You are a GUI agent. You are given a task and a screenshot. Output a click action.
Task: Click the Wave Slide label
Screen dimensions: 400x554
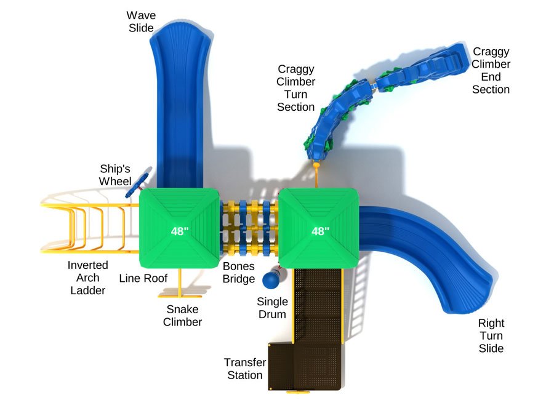tap(140, 21)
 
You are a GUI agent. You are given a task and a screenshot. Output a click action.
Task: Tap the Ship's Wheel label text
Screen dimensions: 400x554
tap(116, 175)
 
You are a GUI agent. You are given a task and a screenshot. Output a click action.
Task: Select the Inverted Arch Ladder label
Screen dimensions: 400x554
tap(87, 278)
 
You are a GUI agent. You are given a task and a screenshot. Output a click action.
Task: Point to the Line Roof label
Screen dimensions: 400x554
tap(143, 278)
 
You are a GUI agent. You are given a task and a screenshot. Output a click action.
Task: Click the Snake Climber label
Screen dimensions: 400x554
tap(182, 315)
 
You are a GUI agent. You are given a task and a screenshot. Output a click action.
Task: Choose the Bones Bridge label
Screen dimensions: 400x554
tap(238, 273)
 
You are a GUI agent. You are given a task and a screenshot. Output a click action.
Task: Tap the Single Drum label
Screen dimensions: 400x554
tap(272, 308)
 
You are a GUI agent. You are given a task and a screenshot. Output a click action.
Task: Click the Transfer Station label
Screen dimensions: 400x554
tap(244, 369)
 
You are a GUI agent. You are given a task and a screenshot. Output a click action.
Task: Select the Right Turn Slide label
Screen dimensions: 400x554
tap(491, 335)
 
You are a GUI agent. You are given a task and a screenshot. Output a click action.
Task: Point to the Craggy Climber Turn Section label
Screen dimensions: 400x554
tap(295, 88)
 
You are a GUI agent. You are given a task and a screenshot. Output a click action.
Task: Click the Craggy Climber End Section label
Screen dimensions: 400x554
tap(491, 70)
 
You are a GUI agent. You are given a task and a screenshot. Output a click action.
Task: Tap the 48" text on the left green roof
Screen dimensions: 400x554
tap(180, 232)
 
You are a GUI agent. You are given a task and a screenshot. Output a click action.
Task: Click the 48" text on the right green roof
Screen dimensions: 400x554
tap(320, 231)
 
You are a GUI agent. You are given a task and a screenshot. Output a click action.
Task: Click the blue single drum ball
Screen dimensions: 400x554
tap(270, 281)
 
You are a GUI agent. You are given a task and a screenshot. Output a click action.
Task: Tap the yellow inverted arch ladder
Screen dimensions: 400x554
tap(86, 228)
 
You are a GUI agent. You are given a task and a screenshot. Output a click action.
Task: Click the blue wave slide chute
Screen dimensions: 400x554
tap(178, 105)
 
